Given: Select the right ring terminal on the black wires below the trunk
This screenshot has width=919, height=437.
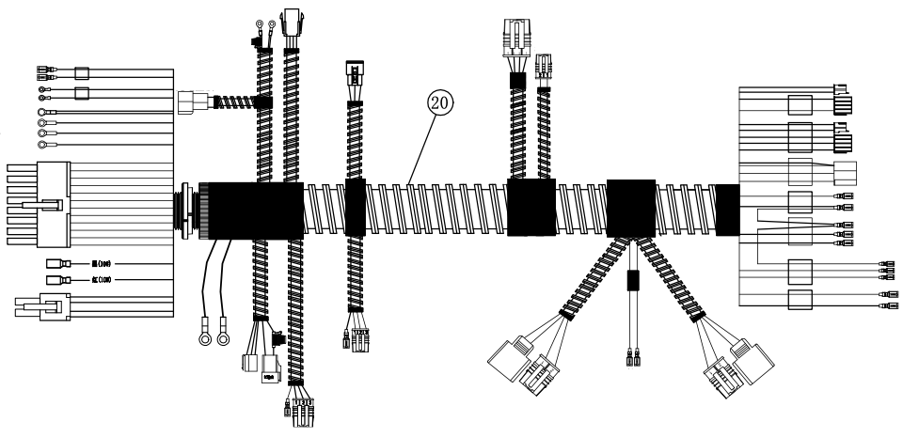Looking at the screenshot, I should (224, 335).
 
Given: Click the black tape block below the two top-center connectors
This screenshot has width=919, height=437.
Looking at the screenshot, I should (530, 206).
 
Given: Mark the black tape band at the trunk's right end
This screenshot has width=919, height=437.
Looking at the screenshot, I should (727, 207).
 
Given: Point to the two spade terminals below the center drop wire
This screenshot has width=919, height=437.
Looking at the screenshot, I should (633, 358).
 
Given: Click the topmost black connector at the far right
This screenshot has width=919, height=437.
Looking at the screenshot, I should (844, 98).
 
